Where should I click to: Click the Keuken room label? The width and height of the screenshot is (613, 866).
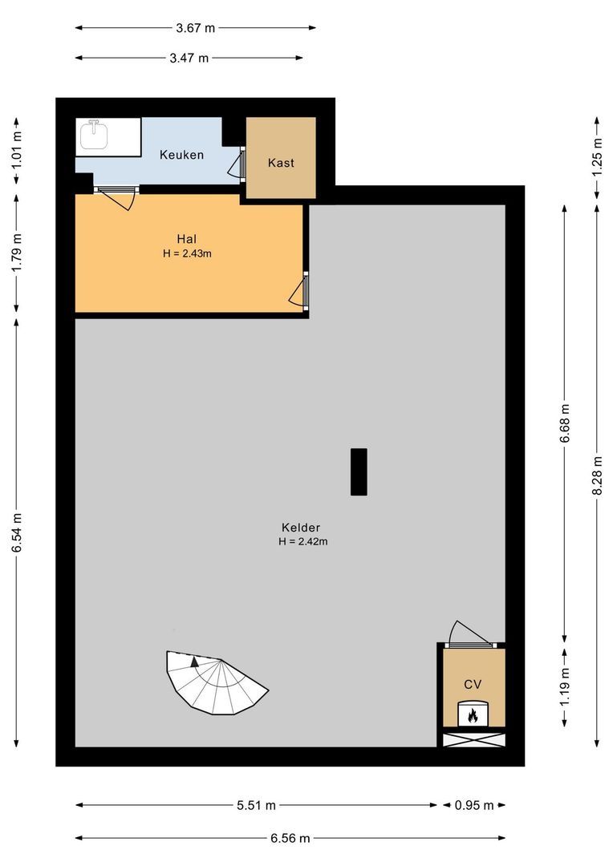click(181, 155)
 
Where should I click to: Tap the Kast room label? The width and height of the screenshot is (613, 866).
click(281, 163)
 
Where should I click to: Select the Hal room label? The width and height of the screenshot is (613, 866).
click(187, 238)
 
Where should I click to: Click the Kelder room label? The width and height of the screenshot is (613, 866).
click(301, 528)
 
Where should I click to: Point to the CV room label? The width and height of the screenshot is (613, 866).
click(473, 684)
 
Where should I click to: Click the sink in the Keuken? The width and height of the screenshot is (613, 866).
click(95, 136)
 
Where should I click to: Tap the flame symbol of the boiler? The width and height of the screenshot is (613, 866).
click(473, 714)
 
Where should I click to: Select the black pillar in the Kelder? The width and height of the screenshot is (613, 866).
click(359, 471)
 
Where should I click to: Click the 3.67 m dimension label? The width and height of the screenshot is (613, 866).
click(196, 27)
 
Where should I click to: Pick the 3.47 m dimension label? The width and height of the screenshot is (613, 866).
click(189, 58)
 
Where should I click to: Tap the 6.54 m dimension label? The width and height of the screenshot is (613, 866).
click(16, 532)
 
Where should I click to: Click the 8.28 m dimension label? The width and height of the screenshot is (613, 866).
click(596, 476)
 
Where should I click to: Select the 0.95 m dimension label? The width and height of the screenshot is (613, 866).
click(473, 805)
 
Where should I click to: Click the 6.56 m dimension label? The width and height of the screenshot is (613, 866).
click(290, 838)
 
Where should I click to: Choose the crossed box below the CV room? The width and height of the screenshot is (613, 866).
click(473, 739)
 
